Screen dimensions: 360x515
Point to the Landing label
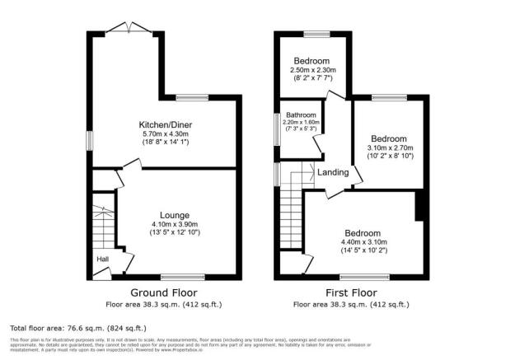tap(334, 172)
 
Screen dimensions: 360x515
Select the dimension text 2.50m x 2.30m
tap(311, 71)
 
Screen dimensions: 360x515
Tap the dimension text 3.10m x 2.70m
tap(386, 147)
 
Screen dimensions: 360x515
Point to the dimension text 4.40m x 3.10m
tap(363, 241)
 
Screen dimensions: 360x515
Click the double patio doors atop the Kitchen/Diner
tap(129, 29)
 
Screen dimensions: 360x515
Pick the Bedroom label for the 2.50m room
tap(311, 61)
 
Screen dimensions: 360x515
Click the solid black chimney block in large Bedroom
tap(420, 206)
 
